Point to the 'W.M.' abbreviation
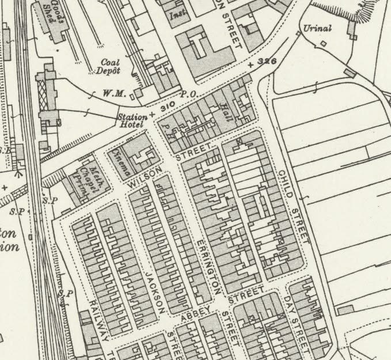click(112, 93)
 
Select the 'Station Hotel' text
click(132, 121)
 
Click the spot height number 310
click(167, 108)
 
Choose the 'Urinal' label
click(317, 28)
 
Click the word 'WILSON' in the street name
click(142, 175)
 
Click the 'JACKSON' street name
click(155, 291)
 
